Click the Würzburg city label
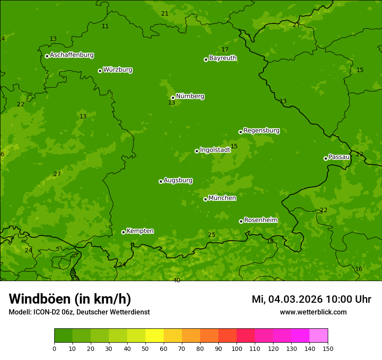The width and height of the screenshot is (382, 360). pos(118,70)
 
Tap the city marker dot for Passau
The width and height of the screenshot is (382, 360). pos(326,158)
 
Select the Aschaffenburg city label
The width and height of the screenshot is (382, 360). pos(72,55)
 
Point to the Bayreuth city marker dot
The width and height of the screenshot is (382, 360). pos(206,59)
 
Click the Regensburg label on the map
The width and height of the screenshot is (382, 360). pos(261,131)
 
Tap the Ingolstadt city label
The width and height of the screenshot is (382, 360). pos(215,150)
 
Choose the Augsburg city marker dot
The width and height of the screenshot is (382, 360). pos(161,181)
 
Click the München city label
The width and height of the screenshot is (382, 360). pos(222,198)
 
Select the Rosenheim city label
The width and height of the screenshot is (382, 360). pos(260,220)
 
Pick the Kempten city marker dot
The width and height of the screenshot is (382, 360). pos(123,232)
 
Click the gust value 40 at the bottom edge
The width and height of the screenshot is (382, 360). pos(177,281)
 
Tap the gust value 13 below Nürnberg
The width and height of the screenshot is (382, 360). pos(171,103)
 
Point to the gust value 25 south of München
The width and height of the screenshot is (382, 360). pos(211,235)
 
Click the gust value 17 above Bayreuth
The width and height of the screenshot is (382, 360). pos(225,50)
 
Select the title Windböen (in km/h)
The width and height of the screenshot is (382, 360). pos(70,299)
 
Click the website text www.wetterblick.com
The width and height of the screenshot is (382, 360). pos(313,312)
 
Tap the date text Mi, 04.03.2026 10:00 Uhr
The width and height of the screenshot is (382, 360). pos(311,299)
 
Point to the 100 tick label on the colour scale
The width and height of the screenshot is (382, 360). pos(237,348)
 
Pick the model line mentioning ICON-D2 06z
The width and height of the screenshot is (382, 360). pos(79,312)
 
